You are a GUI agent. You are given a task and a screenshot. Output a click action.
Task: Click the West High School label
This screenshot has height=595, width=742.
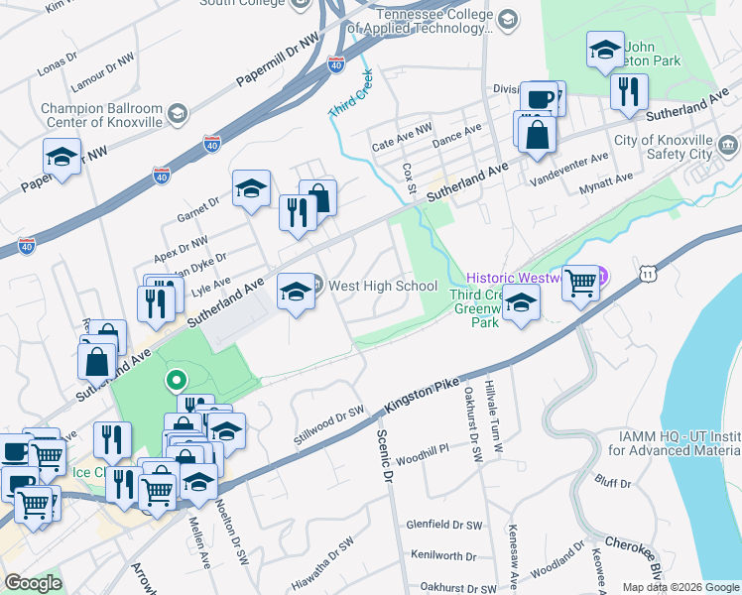(383, 287)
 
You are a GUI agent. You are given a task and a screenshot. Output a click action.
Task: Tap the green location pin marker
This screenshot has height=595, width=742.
(176, 379)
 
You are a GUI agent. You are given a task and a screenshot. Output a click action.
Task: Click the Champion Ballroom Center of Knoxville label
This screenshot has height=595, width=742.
(101, 115)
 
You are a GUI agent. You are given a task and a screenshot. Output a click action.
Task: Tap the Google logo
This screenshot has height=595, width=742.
(34, 583)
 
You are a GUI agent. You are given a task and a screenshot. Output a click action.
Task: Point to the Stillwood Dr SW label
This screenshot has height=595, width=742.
(329, 424)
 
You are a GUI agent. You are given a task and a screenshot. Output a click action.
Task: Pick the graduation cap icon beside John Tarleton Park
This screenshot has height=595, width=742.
(605, 53)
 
